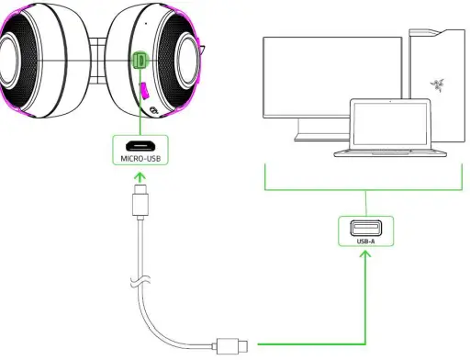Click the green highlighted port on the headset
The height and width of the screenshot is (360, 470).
140,61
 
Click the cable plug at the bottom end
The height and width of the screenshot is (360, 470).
229,345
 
